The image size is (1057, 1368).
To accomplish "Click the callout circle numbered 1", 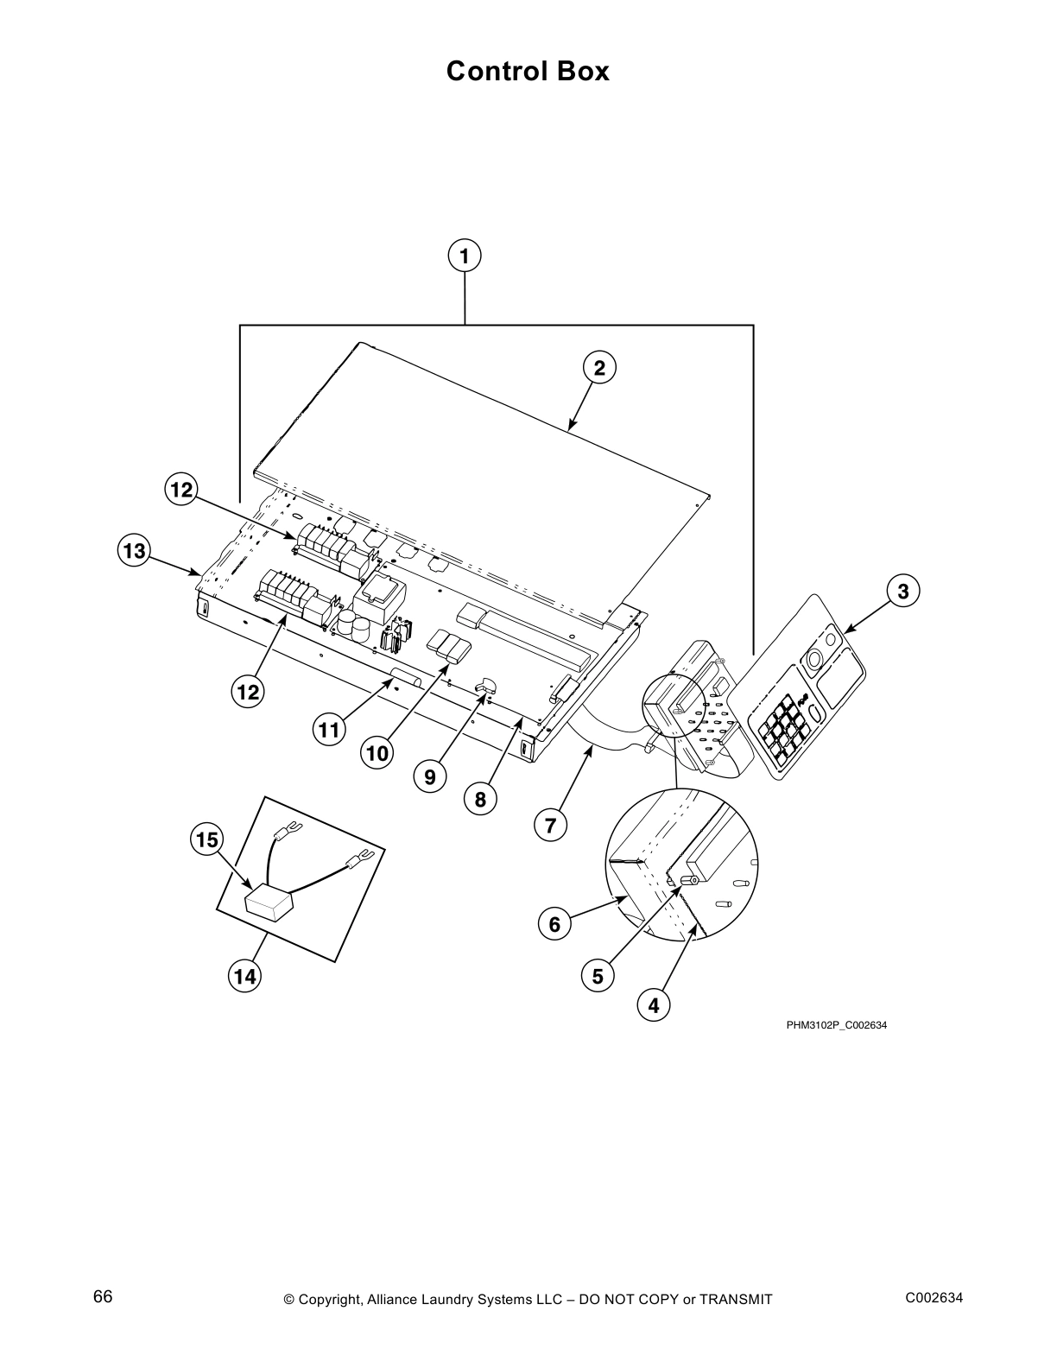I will coord(465,256).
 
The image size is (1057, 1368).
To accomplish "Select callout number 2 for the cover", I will coord(599,368).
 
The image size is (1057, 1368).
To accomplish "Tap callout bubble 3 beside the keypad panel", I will coord(902,592).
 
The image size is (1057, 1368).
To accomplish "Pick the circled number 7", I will coord(551,826).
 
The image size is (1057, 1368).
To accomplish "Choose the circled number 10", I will coord(377,753).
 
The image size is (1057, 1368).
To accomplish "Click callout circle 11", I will coord(328,731).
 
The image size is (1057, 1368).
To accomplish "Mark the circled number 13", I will coord(135,550).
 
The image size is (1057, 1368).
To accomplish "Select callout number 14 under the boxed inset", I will coord(245,977).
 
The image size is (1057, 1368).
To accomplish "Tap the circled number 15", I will coord(207,839).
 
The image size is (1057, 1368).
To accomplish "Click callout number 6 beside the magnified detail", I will coord(554,925).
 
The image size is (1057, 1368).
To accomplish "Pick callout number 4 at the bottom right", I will coord(654,1005).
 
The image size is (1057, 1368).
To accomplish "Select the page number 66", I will coord(103,1297).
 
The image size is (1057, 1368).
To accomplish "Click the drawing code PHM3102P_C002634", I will coord(836,1025).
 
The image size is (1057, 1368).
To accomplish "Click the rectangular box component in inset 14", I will coord(269,904).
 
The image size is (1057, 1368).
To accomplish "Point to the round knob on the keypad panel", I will coord(813,661).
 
